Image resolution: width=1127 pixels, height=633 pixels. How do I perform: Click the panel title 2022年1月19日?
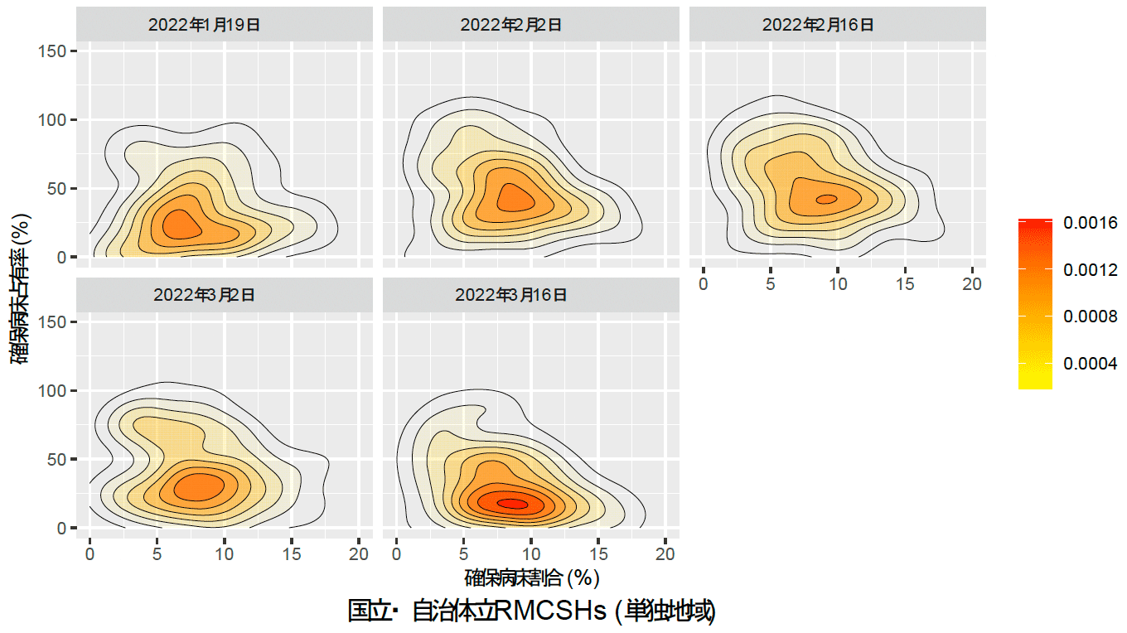click(205, 25)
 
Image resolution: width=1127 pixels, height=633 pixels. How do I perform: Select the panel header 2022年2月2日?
click(511, 25)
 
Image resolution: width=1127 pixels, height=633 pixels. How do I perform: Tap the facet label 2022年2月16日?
click(818, 25)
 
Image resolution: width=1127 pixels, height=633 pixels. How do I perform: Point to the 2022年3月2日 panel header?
click(205, 295)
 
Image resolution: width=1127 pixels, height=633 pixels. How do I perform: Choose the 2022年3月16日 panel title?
click(511, 295)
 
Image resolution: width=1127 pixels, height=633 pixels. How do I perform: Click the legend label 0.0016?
click(1091, 223)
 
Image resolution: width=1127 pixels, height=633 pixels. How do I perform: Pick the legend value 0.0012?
click(1091, 270)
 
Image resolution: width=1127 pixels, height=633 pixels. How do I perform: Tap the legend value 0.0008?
click(1091, 316)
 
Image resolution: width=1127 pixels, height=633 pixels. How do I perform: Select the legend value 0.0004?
click(1091, 364)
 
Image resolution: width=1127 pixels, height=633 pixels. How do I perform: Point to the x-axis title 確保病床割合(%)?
click(532, 577)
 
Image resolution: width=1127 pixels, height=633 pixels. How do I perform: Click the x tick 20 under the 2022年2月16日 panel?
click(972, 284)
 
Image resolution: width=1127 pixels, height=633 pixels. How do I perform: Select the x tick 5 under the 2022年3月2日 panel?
click(157, 553)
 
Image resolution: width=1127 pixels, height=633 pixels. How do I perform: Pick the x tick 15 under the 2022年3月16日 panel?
click(598, 553)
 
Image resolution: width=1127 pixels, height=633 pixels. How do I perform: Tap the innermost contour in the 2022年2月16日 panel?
click(826, 199)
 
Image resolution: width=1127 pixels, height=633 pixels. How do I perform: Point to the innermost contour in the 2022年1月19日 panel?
click(181, 225)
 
